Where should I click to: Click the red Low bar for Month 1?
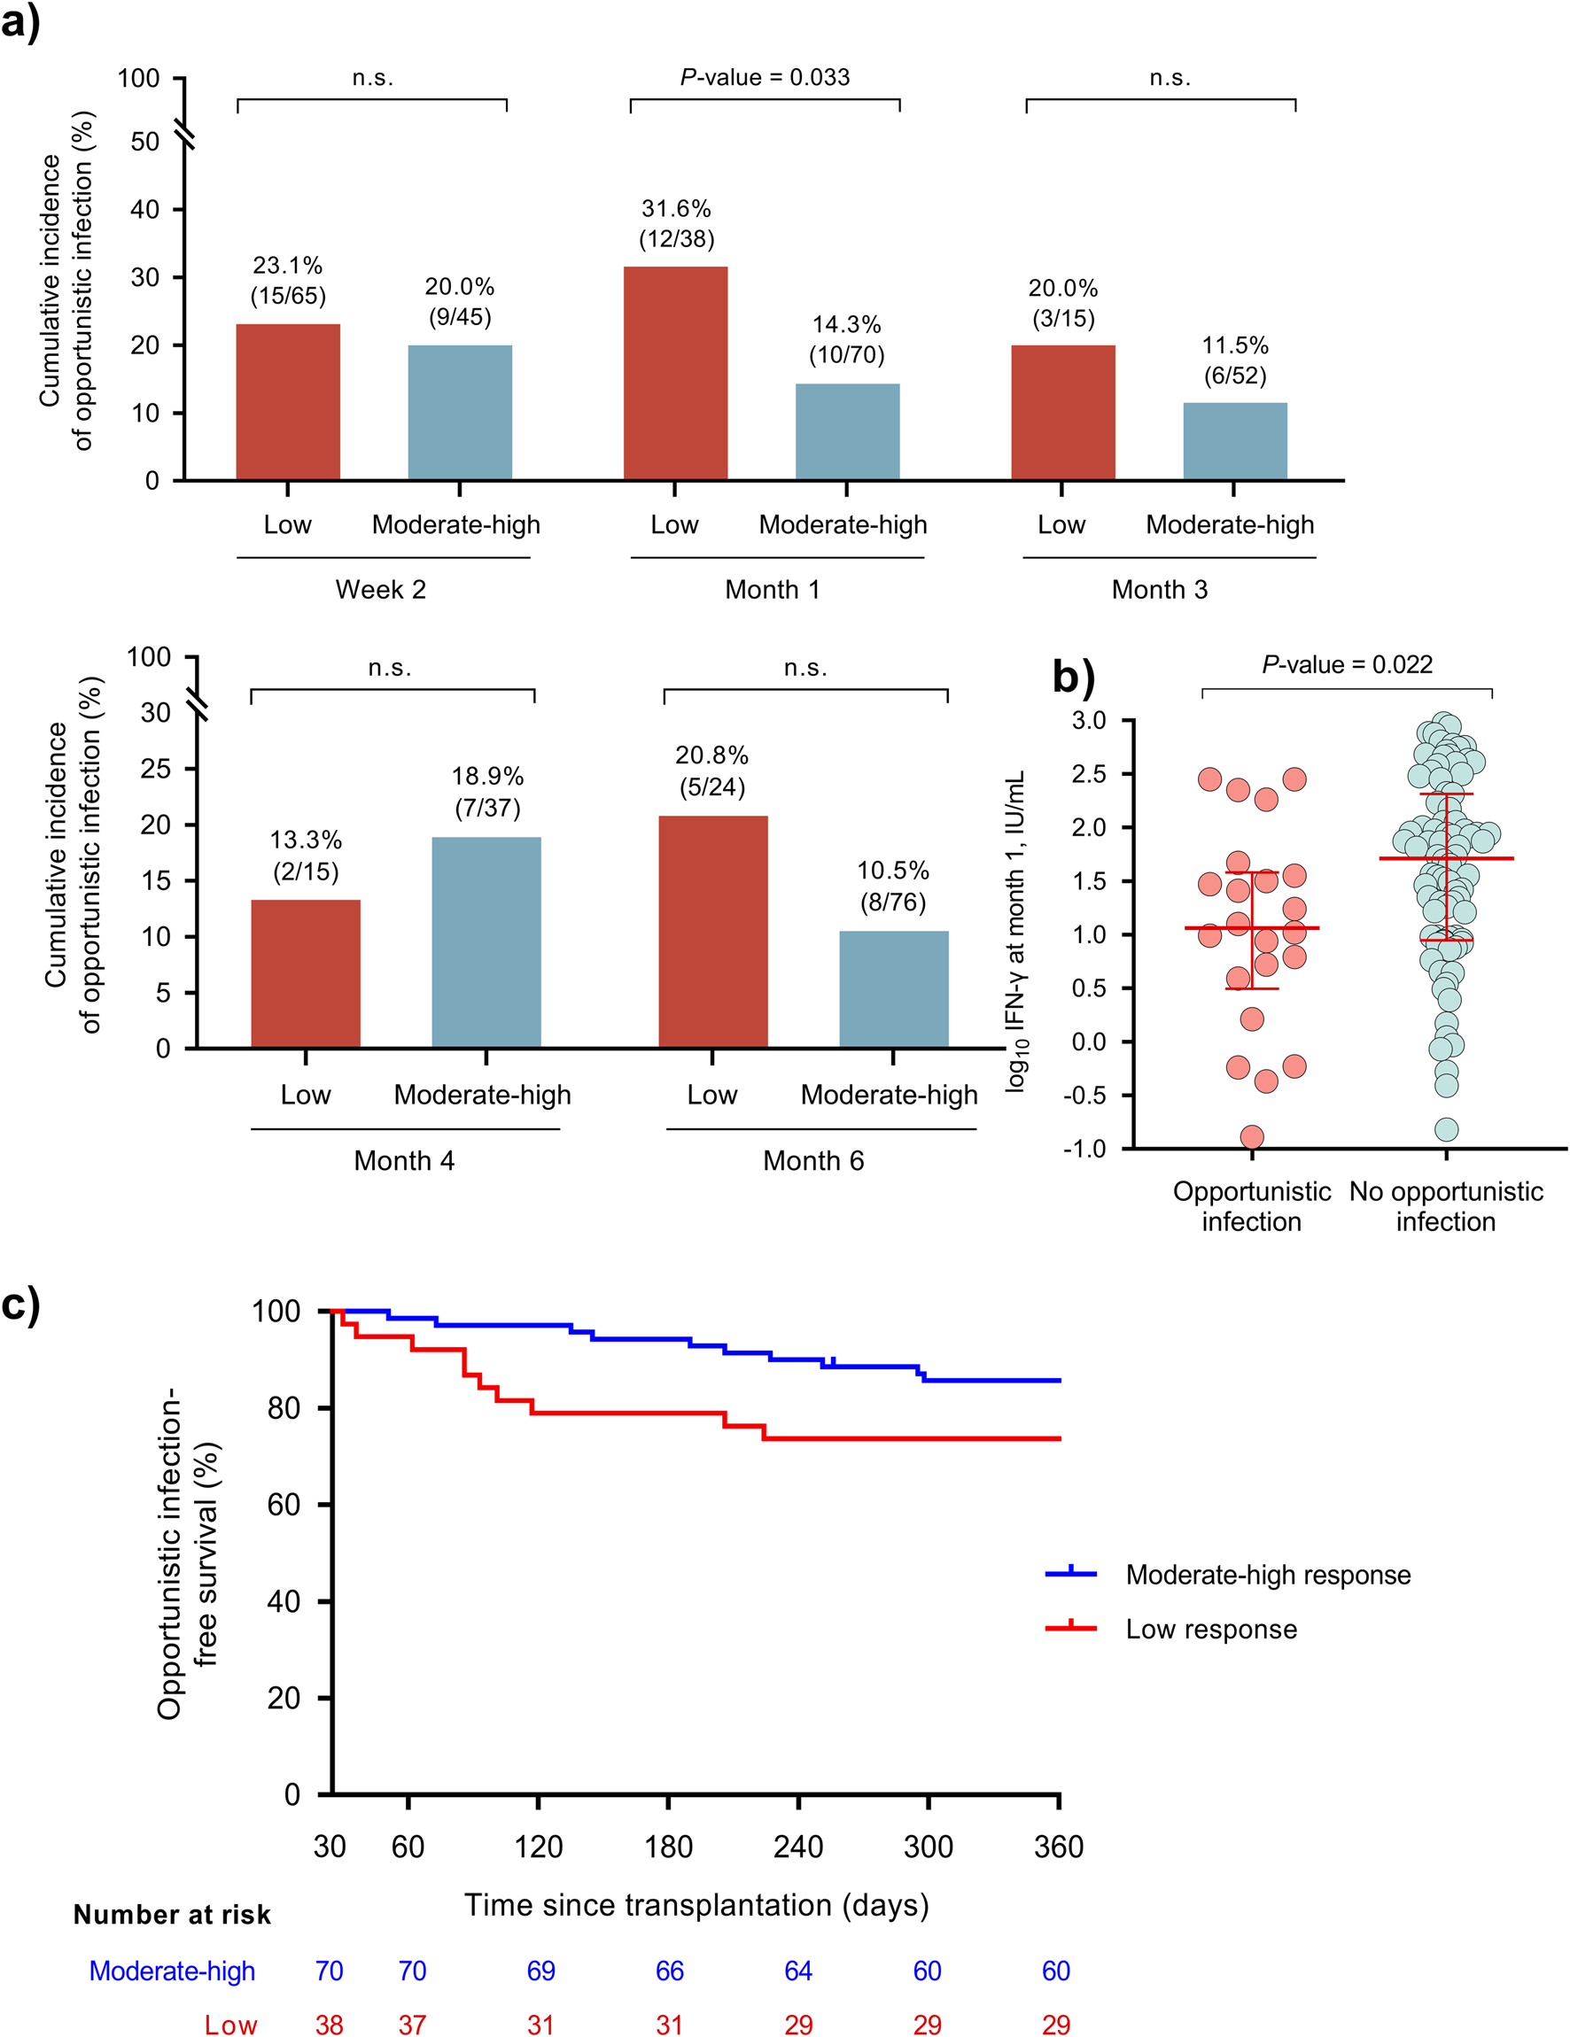(x=675, y=373)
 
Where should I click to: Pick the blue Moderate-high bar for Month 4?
(x=486, y=942)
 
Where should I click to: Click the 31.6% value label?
(x=676, y=208)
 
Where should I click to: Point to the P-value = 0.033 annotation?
(x=765, y=76)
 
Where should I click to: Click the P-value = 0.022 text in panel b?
(x=1346, y=664)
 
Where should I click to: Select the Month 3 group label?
(x=1160, y=590)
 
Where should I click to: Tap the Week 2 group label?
(x=381, y=590)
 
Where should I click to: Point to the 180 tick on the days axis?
(x=668, y=1847)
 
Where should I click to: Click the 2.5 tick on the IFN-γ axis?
(x=1088, y=774)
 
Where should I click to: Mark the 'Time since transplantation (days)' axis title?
(x=697, y=1904)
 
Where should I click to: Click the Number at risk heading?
(x=173, y=1915)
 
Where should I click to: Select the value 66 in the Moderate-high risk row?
(x=669, y=1971)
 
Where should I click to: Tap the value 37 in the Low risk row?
(x=411, y=2025)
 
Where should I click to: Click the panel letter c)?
(x=20, y=1304)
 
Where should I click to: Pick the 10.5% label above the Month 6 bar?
(x=893, y=871)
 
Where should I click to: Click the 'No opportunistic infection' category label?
(x=1445, y=1206)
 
